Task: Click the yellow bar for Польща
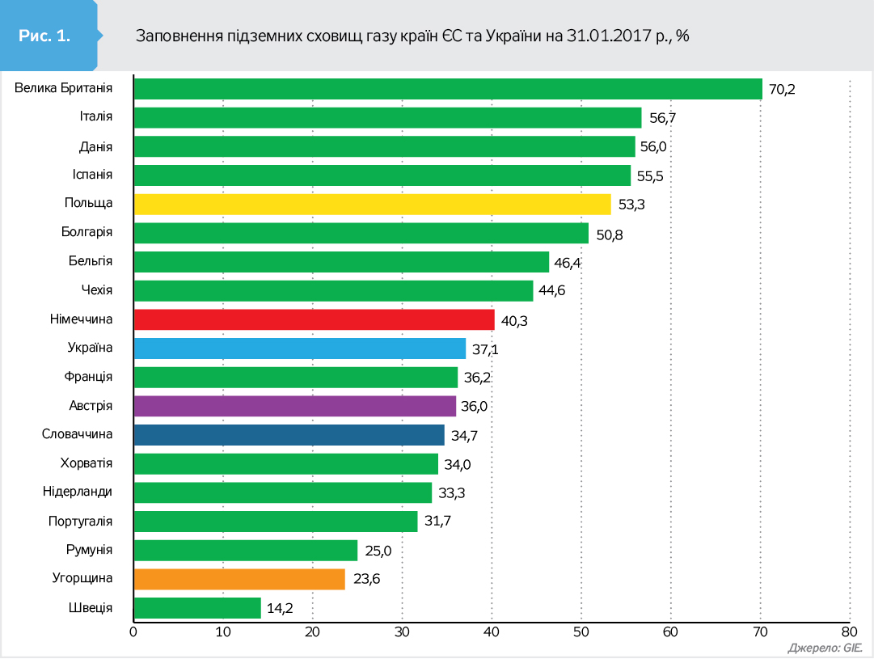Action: [372, 204]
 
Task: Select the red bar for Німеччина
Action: [314, 319]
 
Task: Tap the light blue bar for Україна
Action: [299, 349]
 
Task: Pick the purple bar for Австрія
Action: [294, 406]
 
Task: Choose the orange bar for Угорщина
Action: [239, 579]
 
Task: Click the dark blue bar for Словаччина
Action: [289, 435]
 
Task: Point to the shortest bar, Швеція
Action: [196, 608]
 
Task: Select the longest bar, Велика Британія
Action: [447, 89]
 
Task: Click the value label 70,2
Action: [782, 89]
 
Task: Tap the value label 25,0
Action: [378, 551]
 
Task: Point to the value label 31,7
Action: [437, 522]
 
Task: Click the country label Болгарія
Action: [87, 233]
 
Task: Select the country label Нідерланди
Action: [78, 492]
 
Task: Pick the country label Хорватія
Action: [87, 463]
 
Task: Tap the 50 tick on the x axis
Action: [581, 632]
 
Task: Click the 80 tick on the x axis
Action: [849, 632]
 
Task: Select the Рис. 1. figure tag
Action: [45, 36]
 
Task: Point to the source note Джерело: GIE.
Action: [825, 648]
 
